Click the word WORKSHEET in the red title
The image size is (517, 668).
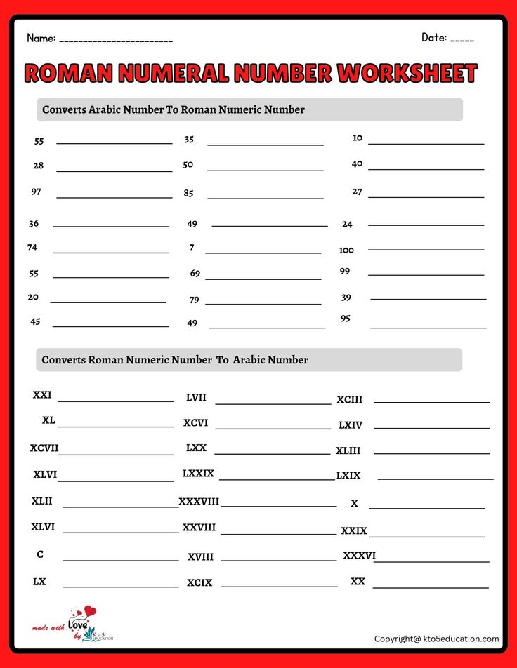tap(407, 74)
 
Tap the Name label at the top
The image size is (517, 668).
tap(40, 39)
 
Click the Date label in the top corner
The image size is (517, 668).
tap(434, 37)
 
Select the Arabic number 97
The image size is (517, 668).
tap(36, 192)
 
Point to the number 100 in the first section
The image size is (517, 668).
tap(346, 250)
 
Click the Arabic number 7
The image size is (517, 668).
tap(192, 248)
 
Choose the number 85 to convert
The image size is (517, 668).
tap(188, 193)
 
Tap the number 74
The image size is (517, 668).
tap(32, 248)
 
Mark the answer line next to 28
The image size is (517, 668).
tap(114, 171)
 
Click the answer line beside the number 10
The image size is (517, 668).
tap(426, 143)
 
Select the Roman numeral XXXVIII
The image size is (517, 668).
tap(199, 502)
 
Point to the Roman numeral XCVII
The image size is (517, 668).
tap(44, 448)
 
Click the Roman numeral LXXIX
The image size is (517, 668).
tap(198, 474)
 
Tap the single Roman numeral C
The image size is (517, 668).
tap(40, 554)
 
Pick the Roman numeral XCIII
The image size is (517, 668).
tap(349, 399)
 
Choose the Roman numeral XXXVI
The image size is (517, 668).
tap(359, 556)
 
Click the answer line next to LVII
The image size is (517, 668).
tap(273, 403)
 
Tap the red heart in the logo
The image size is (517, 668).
tap(89, 612)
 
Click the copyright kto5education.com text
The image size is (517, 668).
tap(436, 639)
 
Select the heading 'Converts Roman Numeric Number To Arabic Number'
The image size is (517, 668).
tap(175, 360)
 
